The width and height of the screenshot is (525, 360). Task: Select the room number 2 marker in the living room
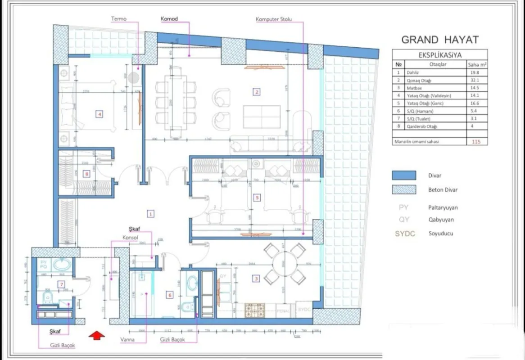click(x=257, y=92)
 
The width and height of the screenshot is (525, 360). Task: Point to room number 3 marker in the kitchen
click(x=256, y=279)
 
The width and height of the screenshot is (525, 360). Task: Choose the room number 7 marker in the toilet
click(x=62, y=283)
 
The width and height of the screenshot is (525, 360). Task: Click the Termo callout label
click(x=119, y=19)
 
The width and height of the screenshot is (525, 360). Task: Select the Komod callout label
click(x=169, y=19)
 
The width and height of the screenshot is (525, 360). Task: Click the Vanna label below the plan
click(x=127, y=340)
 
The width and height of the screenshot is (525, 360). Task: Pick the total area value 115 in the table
click(x=476, y=142)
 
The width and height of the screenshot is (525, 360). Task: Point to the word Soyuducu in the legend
click(x=440, y=234)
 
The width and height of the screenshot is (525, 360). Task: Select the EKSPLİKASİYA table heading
click(x=439, y=55)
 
